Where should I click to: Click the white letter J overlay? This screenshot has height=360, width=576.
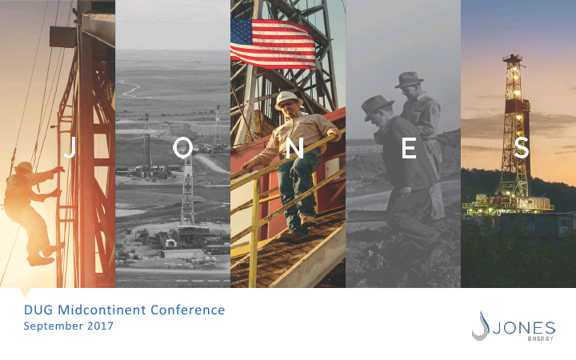(70, 148)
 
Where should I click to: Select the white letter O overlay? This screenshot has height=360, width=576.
(183, 148)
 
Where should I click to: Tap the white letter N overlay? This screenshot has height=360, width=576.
(294, 148)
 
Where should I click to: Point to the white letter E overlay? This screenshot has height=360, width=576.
(409, 148)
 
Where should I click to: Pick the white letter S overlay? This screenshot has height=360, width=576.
(521, 148)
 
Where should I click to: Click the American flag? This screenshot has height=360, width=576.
(273, 43)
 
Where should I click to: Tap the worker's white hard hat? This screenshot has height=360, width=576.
(288, 99)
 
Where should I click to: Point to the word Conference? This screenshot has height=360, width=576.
(188, 310)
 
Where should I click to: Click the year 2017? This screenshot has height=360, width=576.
(100, 326)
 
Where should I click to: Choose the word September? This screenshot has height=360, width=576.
(54, 326)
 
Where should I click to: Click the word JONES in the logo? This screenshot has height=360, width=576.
(524, 328)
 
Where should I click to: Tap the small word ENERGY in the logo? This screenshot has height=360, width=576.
(540, 338)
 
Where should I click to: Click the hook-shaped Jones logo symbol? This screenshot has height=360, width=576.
(481, 326)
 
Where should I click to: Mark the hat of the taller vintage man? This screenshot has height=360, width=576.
(409, 79)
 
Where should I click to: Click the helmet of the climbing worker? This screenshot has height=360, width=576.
(23, 166)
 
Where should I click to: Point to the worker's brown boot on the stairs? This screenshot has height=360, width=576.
(308, 221)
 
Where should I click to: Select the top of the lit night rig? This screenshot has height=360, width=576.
(513, 58)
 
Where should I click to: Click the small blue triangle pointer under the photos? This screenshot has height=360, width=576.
(25, 293)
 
